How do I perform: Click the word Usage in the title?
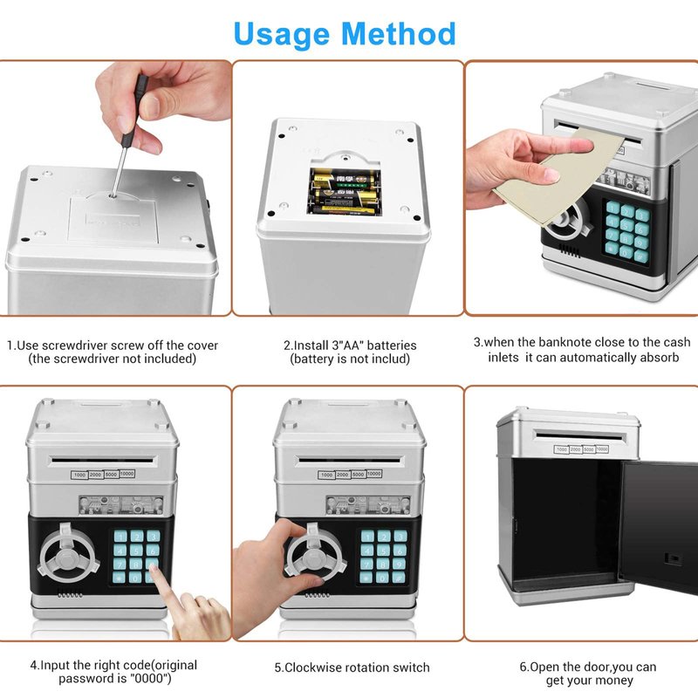[281, 34]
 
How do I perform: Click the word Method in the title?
[399, 34]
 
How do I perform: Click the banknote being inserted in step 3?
[559, 179]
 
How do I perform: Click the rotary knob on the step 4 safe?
[68, 553]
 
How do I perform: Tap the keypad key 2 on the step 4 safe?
[136, 537]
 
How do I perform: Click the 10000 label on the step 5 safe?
[374, 474]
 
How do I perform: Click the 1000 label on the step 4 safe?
[79, 476]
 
